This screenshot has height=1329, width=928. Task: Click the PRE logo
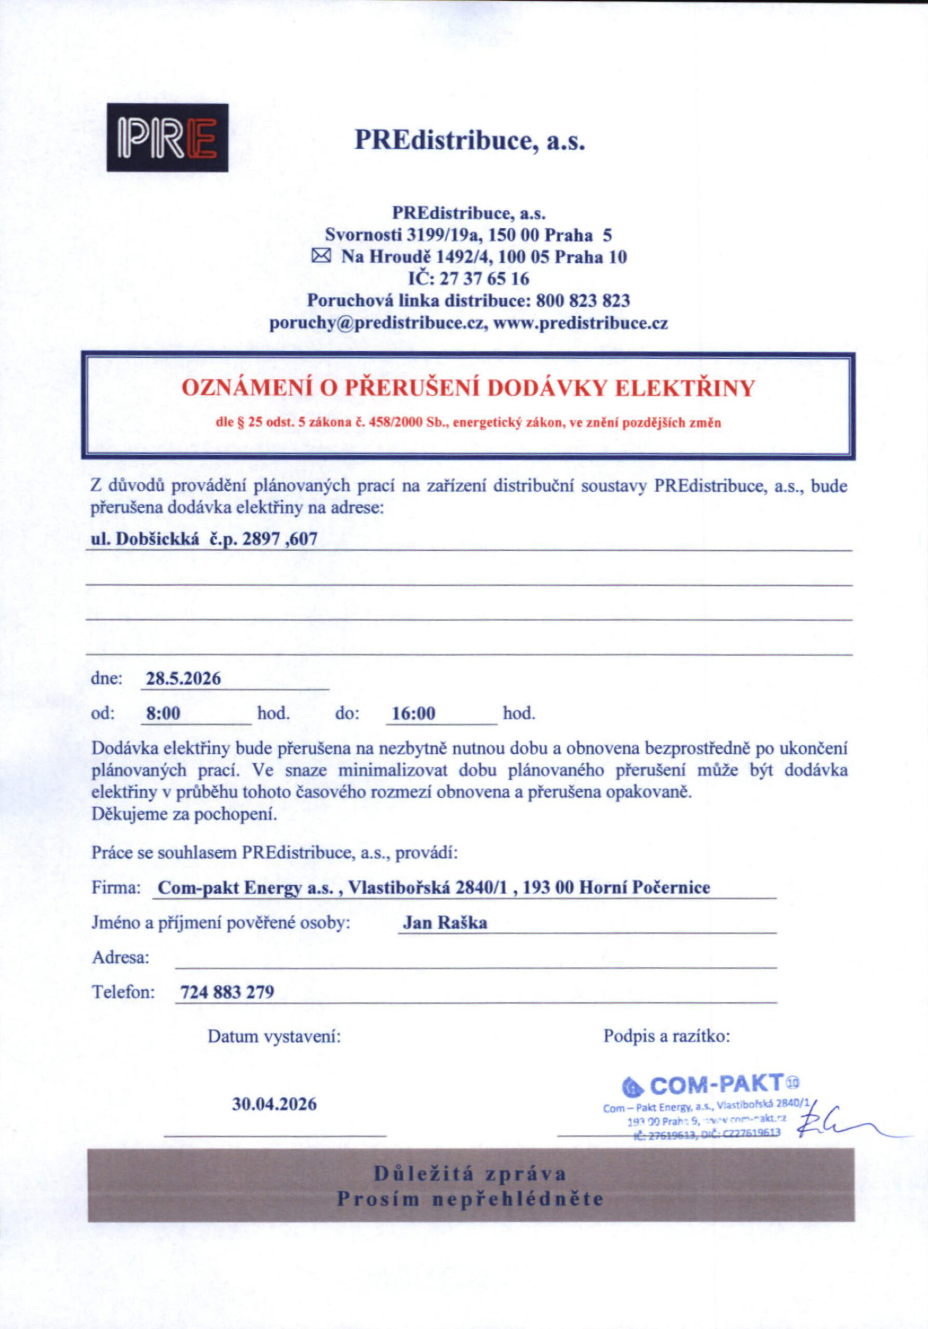[167, 137]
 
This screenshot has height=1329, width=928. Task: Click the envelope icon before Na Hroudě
[321, 255]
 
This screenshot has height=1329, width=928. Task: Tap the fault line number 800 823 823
[583, 301]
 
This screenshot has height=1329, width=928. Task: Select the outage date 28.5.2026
[183, 679]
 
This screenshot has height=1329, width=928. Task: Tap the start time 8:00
[163, 713]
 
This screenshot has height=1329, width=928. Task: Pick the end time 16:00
[413, 713]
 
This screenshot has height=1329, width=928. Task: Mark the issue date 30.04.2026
[274, 1104]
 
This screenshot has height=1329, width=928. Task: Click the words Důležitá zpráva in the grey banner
[469, 1174]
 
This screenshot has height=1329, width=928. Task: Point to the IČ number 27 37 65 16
[485, 278]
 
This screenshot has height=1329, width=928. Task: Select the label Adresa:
[120, 957]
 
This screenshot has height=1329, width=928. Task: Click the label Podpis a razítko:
[666, 1036]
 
